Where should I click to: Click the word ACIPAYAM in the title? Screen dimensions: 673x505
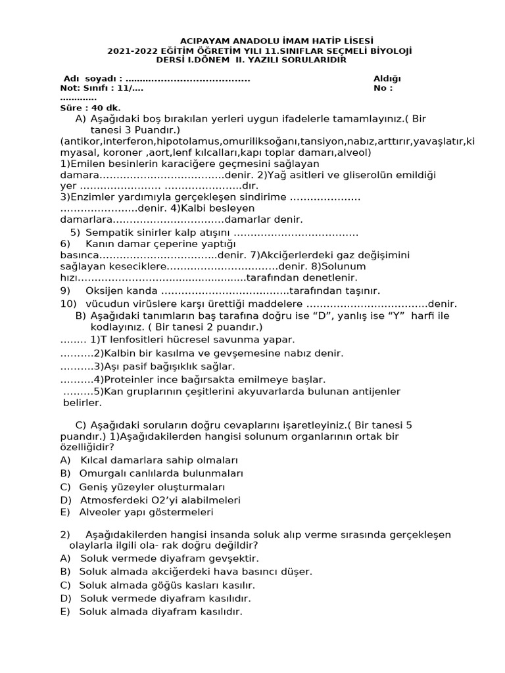[x=203, y=41]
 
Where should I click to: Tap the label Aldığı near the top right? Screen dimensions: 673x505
[x=387, y=78]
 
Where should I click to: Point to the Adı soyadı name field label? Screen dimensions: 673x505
[x=93, y=78]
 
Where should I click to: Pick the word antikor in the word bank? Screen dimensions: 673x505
[x=79, y=141]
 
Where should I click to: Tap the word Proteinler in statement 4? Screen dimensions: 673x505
[x=130, y=379]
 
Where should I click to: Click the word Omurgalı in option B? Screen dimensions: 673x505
[x=101, y=473]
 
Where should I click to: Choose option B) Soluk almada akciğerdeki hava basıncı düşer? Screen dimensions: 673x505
[x=186, y=572]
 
